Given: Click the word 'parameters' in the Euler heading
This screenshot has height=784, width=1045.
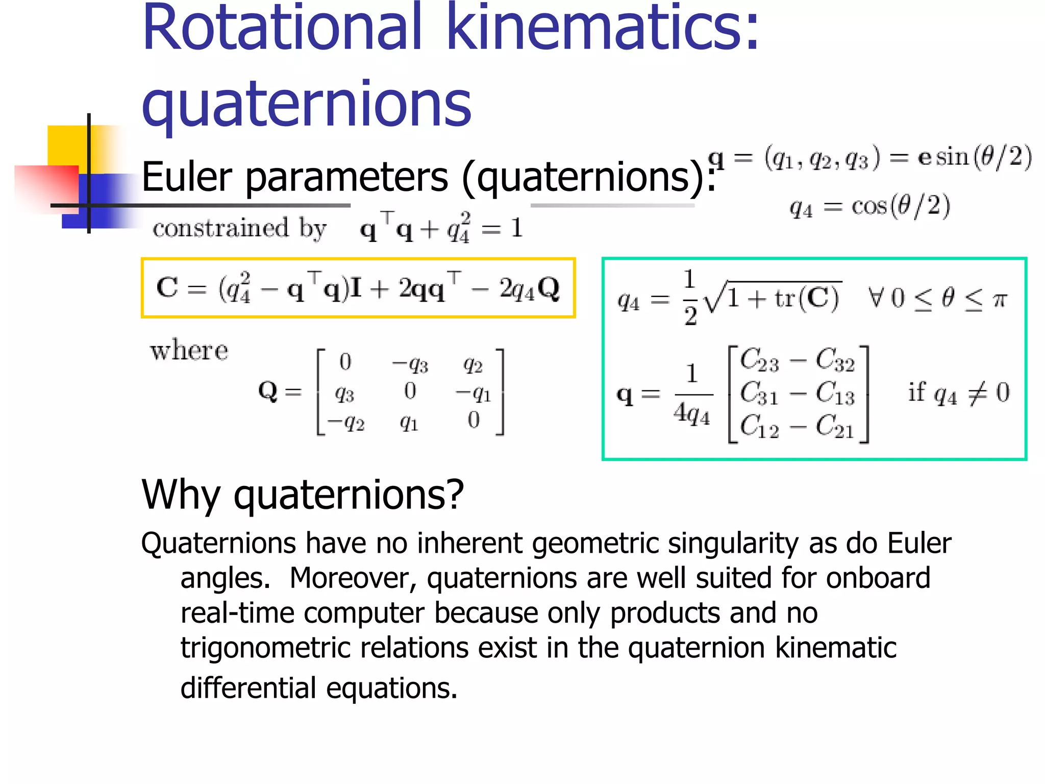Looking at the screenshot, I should tap(347, 178).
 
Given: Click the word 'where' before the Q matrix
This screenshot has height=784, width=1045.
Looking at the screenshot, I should tap(189, 351).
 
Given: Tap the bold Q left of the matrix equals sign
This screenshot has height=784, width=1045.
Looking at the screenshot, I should tap(268, 391).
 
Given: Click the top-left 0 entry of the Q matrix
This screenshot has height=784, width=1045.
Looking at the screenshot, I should tap(345, 362).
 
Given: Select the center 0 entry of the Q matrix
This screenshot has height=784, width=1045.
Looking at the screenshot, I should tap(410, 391).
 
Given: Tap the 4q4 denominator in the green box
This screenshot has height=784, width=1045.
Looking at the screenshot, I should tap(692, 413).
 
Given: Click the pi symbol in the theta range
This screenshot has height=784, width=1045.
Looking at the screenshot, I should tap(1000, 299).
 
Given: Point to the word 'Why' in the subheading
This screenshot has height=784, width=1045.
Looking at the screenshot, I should tap(180, 495).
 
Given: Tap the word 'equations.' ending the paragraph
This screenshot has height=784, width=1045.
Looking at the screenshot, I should tap(391, 689).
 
